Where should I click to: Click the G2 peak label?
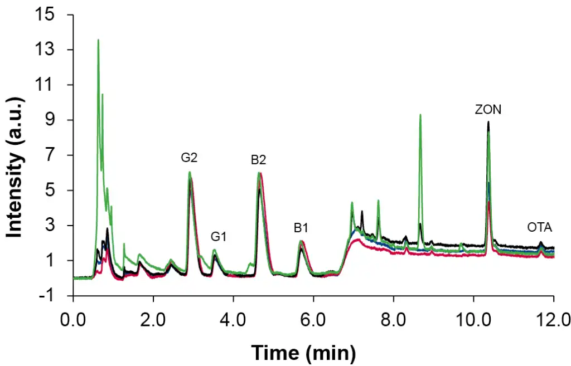[x=189, y=158]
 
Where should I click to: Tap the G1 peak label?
[x=219, y=237]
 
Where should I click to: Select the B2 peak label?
[x=258, y=160]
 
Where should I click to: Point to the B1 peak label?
[x=302, y=227]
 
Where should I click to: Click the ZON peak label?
[x=488, y=110]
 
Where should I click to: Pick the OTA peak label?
[x=540, y=227]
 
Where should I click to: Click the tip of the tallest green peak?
[x=98, y=40]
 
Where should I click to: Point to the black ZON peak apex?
[x=488, y=121]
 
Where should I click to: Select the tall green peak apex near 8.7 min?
[x=420, y=115]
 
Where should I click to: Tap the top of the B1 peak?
[x=301, y=242]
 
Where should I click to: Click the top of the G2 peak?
[x=190, y=172]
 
